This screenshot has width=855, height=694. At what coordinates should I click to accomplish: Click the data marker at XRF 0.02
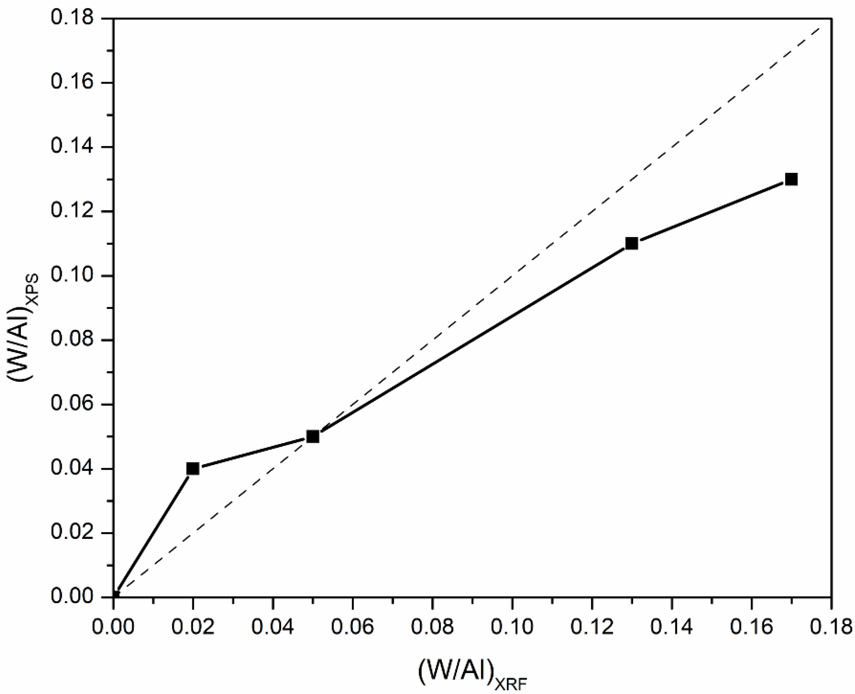193,469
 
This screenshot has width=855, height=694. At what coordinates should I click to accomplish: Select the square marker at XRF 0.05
313,437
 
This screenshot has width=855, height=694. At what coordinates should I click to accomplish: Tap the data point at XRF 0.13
631,244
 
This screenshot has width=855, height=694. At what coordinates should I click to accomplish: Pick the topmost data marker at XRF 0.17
791,179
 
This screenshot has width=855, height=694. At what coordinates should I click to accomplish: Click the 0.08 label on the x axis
432,627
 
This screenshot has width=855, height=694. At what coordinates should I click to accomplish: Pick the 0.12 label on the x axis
591,627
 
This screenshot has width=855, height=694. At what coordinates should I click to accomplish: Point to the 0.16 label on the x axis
751,627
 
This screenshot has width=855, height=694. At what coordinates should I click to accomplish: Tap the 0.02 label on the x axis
193,627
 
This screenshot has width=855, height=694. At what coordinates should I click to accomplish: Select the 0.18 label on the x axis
831,627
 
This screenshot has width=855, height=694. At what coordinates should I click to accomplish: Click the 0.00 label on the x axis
113,627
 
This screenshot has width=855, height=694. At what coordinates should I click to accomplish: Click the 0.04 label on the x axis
273,627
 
